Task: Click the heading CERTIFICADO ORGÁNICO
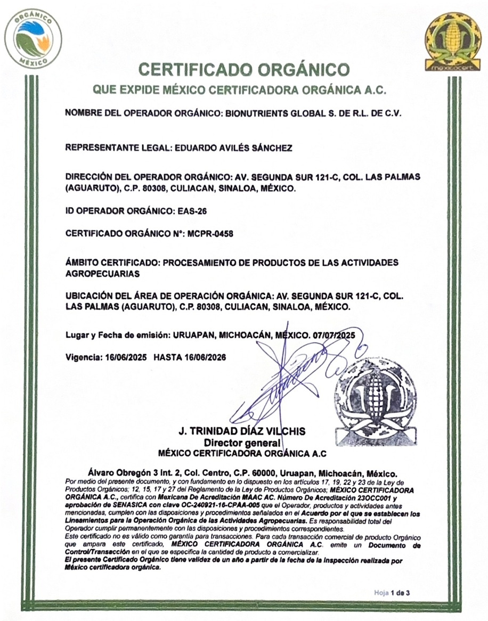(x=244, y=70)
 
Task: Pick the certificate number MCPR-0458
(x=210, y=233)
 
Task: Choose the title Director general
(x=242, y=443)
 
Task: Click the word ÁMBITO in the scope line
(x=84, y=263)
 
